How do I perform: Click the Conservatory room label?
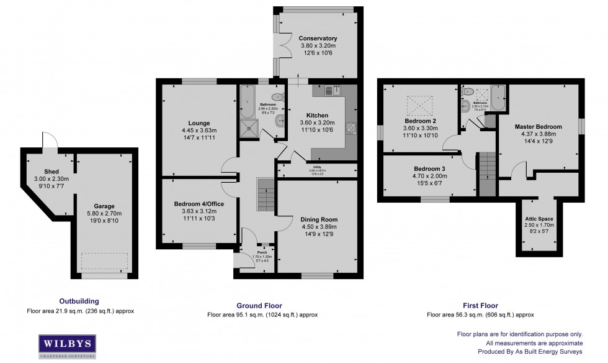pyautogui.click(x=317, y=39)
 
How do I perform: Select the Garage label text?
pyautogui.click(x=104, y=206)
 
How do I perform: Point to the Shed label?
pyautogui.click(x=51, y=172)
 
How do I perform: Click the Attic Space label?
pyautogui.click(x=537, y=219)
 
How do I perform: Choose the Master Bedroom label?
pyautogui.click(x=538, y=127)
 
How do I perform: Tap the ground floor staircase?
pyautogui.click(x=265, y=193)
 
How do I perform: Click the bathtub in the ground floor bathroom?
pyautogui.click(x=246, y=103)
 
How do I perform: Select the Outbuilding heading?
pyautogui.click(x=79, y=301)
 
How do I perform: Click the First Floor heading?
pyautogui.click(x=481, y=306)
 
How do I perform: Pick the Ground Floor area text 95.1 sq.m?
pyautogui.click(x=262, y=315)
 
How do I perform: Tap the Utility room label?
pyautogui.click(x=317, y=167)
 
